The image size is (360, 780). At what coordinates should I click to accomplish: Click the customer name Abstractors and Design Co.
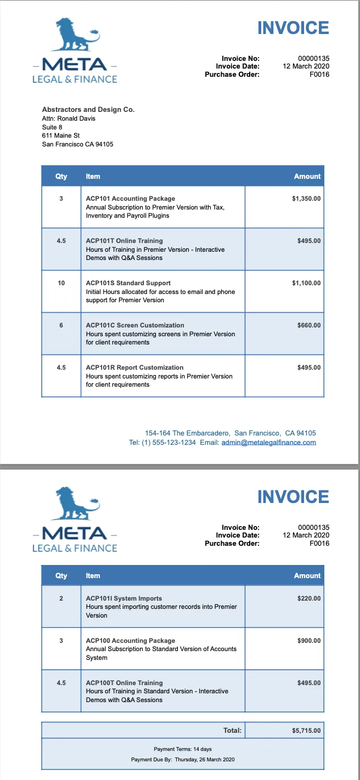(88, 110)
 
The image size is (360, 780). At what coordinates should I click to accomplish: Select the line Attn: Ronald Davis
(69, 118)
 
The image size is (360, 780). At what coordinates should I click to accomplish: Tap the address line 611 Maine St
(61, 135)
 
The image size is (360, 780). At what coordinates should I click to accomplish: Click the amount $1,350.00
(306, 199)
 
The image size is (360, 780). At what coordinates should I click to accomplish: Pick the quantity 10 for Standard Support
(61, 283)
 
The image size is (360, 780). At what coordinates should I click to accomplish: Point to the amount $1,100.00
(306, 283)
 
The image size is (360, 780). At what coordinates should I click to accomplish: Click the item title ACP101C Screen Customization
(135, 325)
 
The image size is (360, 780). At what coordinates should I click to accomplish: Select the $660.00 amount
(309, 325)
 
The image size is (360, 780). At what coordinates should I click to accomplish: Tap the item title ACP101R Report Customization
(134, 368)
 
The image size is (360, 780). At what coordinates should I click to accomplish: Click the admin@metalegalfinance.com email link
(268, 443)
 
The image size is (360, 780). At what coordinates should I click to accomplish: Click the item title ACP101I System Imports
(124, 598)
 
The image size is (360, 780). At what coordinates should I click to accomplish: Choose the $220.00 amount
(309, 598)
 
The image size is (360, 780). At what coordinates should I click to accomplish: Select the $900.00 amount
(309, 641)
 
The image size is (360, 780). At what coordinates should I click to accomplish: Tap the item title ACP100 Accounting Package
(131, 641)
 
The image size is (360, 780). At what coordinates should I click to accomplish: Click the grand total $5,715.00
(306, 731)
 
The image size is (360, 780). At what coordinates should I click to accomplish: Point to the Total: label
(232, 731)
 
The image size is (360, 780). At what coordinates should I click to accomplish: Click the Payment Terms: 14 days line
(183, 749)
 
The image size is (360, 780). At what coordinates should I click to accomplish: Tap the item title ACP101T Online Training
(125, 241)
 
